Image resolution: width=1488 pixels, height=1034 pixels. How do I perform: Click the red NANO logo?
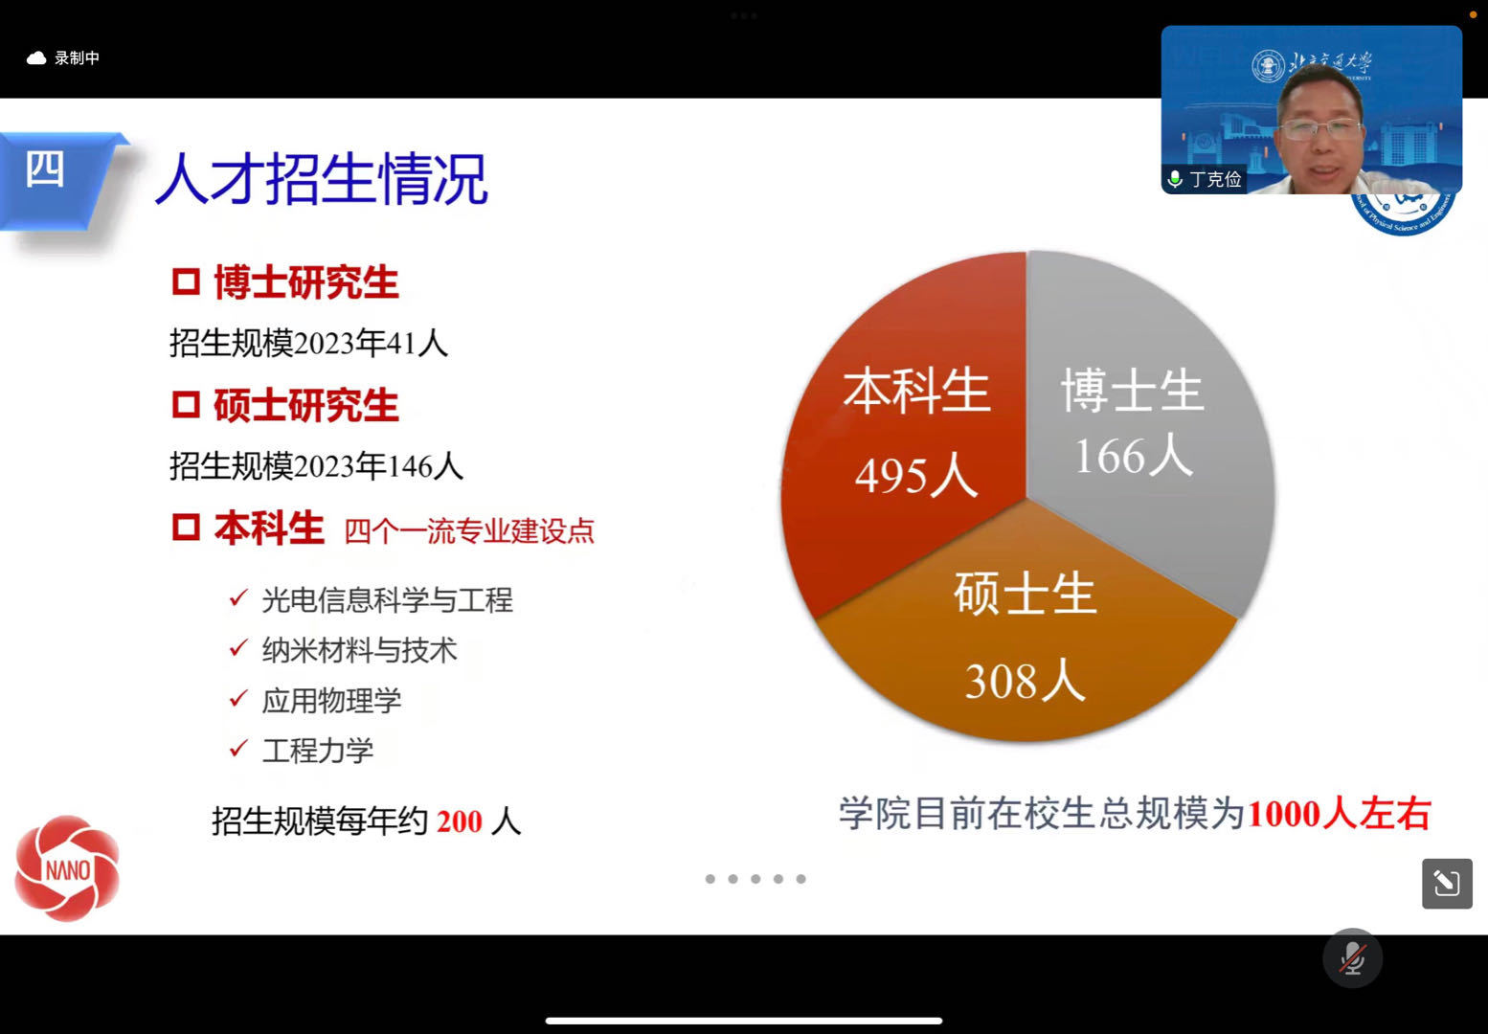coord(67,868)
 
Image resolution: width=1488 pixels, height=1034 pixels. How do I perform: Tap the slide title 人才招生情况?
coord(322,179)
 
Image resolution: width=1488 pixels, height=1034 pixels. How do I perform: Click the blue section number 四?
coord(44,169)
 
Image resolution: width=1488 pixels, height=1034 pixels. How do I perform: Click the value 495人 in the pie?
coord(916,476)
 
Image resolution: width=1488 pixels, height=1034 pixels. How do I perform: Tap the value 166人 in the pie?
coord(1134,456)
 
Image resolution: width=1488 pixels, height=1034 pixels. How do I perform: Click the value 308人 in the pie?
coord(1025,680)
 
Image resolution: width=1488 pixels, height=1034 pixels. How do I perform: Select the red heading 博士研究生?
coord(306,282)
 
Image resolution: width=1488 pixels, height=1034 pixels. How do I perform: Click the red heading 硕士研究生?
coord(306,404)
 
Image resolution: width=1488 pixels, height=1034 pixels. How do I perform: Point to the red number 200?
coord(459,821)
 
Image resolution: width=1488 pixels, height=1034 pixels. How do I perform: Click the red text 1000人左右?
coord(1340,814)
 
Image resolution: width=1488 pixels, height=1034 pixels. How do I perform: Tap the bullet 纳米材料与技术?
coord(359,649)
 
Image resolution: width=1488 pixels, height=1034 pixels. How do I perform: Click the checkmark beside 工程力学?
coord(238,748)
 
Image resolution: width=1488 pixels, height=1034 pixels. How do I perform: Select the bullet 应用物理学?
coord(331,700)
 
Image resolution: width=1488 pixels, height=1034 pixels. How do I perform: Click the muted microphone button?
coord(1352,958)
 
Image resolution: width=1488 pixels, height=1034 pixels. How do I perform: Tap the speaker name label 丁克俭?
coord(1216,179)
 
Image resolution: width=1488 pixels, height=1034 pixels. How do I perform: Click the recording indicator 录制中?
coord(77,58)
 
